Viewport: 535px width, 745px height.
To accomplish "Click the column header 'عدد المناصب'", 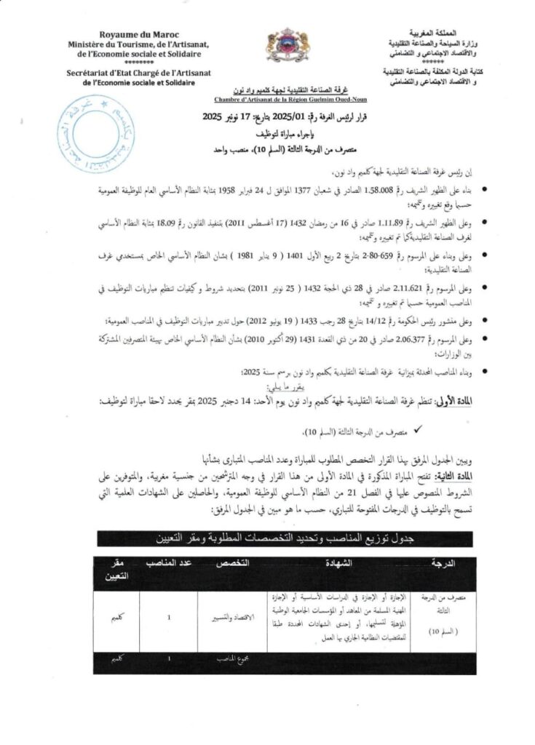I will click(169, 564).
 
